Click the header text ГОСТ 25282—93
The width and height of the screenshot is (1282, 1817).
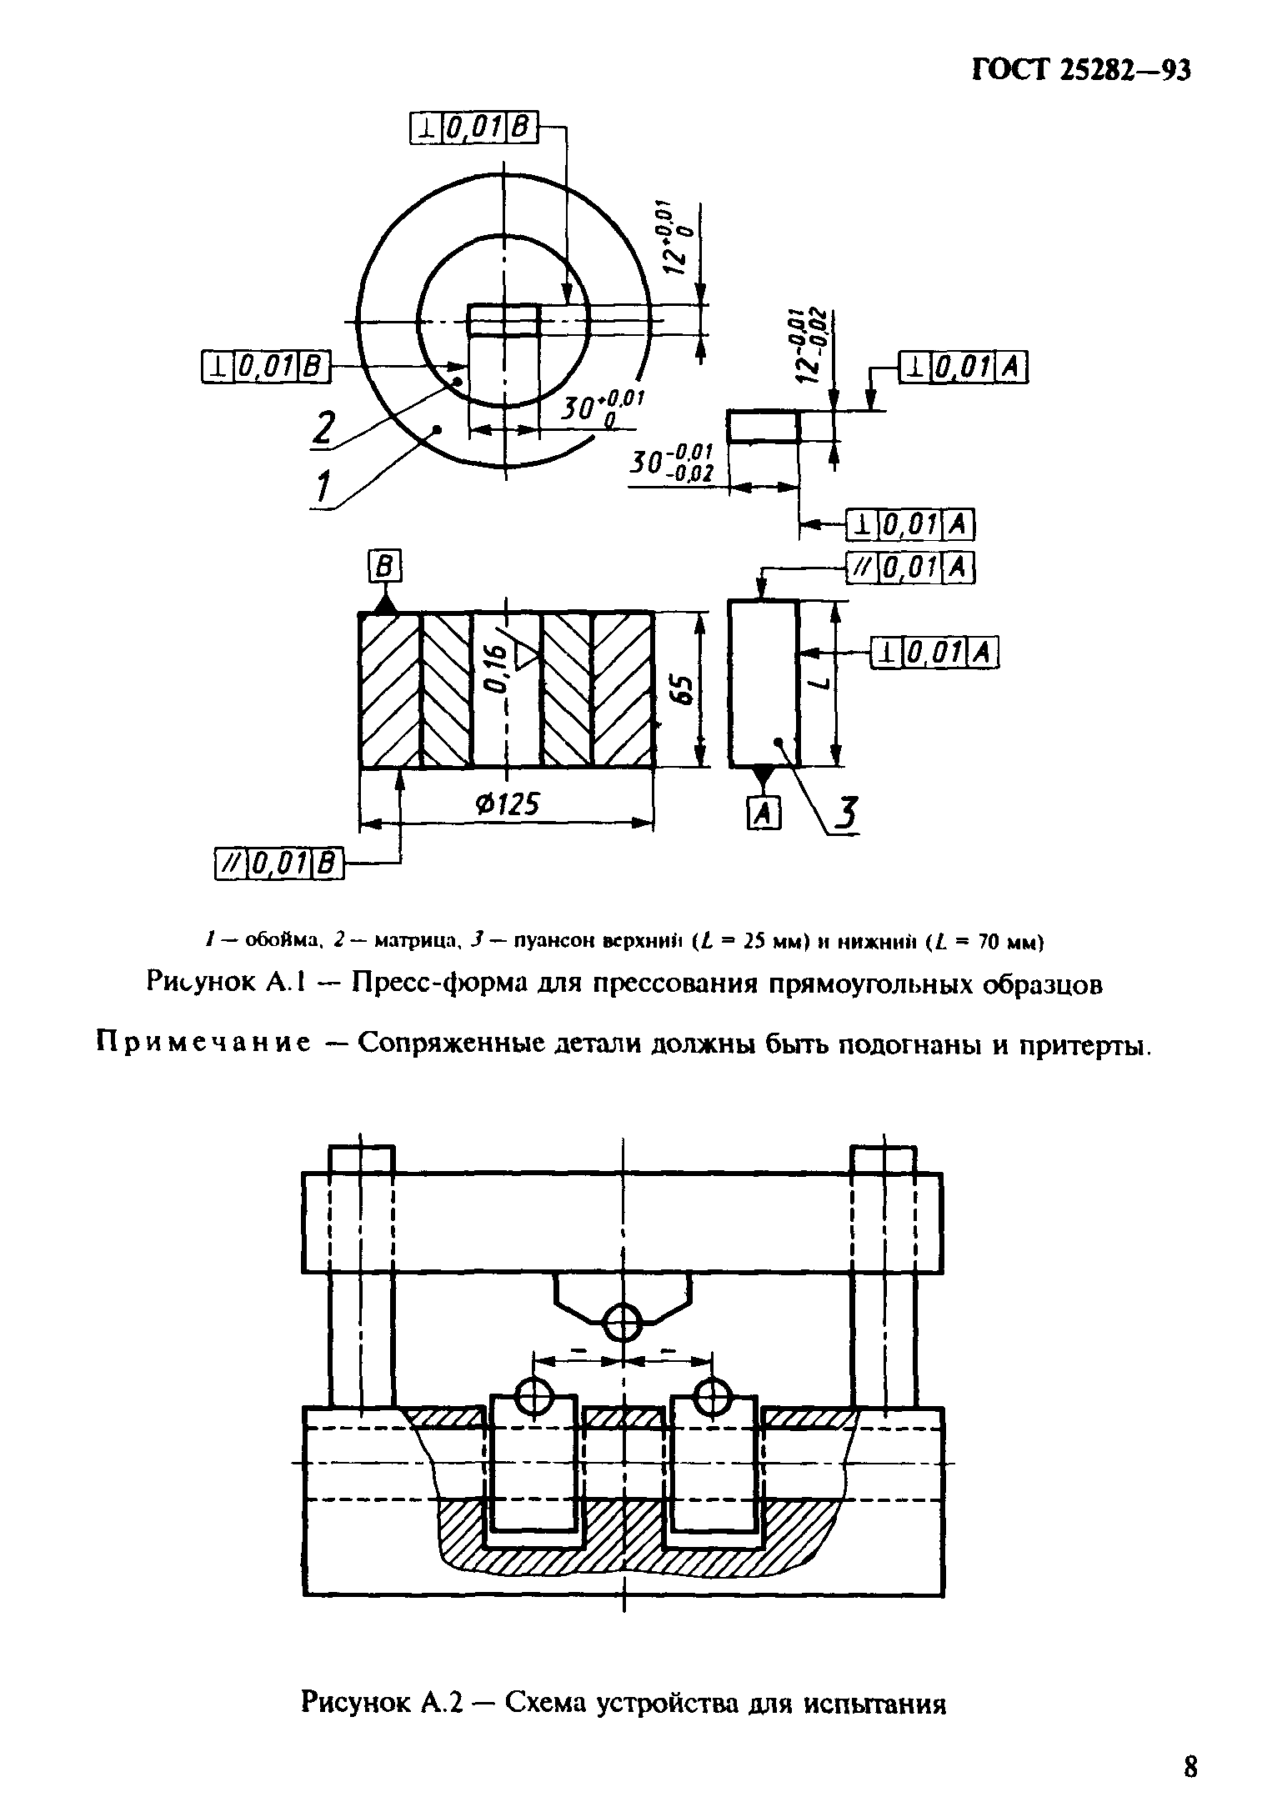point(1081,71)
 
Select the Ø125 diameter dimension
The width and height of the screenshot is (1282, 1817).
point(507,804)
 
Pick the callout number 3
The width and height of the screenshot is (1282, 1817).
point(847,814)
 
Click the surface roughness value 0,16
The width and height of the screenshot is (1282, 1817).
point(497,668)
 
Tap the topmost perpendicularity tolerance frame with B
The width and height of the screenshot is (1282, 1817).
point(474,128)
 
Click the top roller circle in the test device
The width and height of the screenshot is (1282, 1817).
point(623,1322)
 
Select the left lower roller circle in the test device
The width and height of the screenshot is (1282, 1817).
point(534,1395)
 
